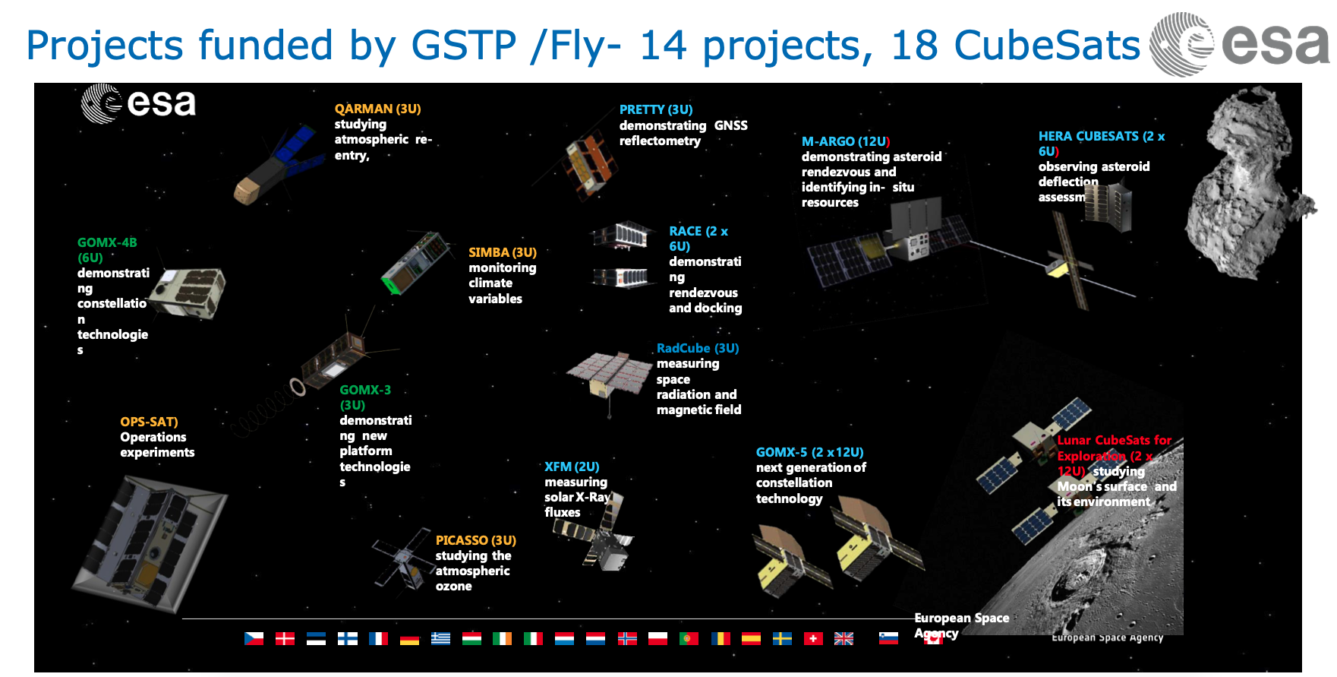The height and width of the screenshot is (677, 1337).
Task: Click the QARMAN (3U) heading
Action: [377, 109]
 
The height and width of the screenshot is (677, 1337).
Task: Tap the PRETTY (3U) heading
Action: [655, 109]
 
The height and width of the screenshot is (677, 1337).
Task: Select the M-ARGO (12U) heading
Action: [845, 141]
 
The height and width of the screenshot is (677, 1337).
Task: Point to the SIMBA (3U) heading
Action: [502, 252]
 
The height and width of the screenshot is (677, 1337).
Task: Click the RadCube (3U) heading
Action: [697, 348]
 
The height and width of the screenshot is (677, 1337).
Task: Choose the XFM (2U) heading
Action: [571, 467]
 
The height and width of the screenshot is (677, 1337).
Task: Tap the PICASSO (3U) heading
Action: [475, 540]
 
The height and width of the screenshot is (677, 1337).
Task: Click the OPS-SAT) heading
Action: [149, 422]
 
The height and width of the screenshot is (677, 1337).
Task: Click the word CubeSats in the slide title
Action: [1046, 45]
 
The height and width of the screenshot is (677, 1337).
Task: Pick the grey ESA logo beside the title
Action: [1238, 43]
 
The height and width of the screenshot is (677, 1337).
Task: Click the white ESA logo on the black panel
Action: [138, 103]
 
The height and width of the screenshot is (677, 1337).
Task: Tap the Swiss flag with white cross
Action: [813, 638]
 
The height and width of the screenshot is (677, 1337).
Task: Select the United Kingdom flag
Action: [844, 638]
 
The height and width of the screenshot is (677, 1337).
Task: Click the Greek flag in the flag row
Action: [440, 638]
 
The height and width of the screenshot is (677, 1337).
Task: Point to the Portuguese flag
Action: [689, 638]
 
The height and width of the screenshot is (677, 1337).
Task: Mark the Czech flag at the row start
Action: [254, 638]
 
